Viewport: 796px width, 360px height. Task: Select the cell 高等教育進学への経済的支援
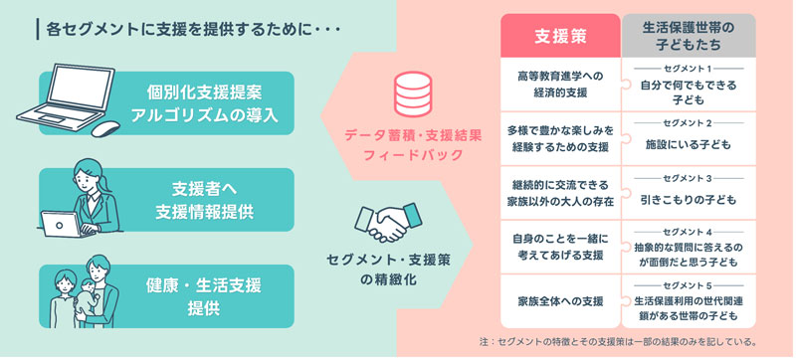click(x=559, y=83)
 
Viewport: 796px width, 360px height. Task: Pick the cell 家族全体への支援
click(x=559, y=299)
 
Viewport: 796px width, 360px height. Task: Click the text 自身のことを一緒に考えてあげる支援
click(x=559, y=246)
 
